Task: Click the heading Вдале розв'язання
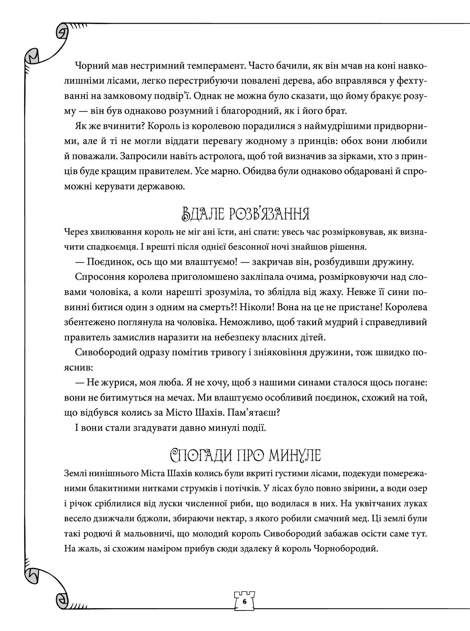[x=244, y=215]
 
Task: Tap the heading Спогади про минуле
[x=246, y=456]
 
